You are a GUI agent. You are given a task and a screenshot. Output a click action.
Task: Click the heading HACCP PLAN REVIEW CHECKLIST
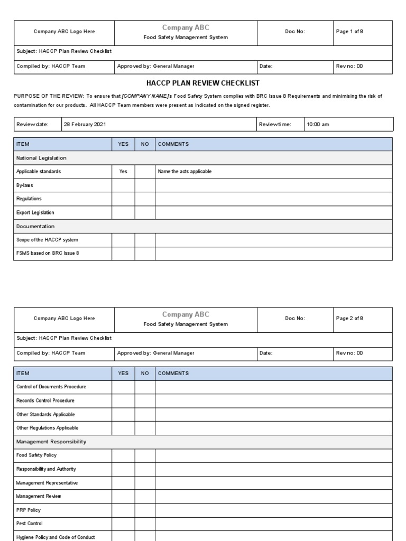tap(202, 83)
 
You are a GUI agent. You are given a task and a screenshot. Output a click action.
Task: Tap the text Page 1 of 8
tap(349, 32)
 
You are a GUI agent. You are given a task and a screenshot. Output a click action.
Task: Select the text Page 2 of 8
tap(349, 318)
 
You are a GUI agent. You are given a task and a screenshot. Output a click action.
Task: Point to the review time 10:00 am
tap(318, 124)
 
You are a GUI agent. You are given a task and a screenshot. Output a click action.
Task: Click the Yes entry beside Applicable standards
tap(123, 172)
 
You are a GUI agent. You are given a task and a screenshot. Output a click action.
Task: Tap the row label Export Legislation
tap(35, 212)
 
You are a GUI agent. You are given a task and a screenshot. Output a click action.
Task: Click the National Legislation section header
tap(41, 158)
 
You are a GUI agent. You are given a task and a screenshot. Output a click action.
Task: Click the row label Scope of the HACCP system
tap(48, 240)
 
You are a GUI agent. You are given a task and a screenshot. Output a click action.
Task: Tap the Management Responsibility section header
tap(51, 441)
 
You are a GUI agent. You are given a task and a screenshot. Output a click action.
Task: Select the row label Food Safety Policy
tap(36, 455)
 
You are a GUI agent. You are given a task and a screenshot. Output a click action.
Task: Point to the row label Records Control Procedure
tap(45, 400)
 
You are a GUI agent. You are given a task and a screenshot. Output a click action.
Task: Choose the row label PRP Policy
tap(29, 510)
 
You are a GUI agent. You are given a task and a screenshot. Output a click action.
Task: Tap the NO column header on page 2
tap(145, 373)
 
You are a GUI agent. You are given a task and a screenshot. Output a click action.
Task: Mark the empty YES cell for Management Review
tap(123, 496)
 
